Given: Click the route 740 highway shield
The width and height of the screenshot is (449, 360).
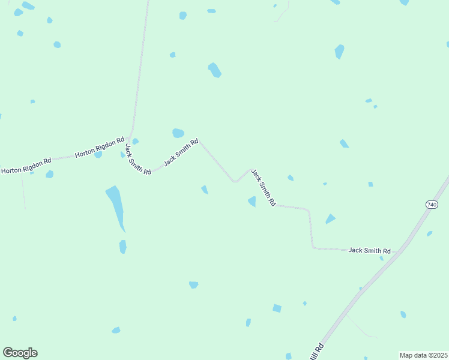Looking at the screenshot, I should (x=432, y=205).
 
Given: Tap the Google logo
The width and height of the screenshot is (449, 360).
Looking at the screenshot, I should (x=20, y=353).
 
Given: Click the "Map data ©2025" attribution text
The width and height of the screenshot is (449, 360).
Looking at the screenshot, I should (x=423, y=355).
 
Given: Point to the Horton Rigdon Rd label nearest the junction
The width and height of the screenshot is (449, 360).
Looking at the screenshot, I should (x=99, y=147).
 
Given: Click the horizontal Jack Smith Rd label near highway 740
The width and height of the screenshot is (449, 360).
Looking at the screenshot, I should (x=369, y=250).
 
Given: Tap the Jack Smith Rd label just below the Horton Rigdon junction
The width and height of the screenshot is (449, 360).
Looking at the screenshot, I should (x=137, y=159).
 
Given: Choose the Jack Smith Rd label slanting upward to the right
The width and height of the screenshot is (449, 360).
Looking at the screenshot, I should (x=181, y=152).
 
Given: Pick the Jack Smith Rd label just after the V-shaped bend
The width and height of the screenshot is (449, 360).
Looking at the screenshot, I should (x=263, y=188).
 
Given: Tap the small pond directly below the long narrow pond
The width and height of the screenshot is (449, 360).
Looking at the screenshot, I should (x=122, y=247).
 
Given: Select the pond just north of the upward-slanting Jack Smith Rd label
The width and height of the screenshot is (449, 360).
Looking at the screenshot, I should (x=178, y=133).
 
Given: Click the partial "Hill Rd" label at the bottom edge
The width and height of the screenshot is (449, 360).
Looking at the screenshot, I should (x=318, y=352).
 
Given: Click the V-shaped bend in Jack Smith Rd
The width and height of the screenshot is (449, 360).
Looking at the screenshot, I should (x=235, y=181).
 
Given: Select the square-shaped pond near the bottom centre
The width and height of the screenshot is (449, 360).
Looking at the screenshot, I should (x=277, y=308).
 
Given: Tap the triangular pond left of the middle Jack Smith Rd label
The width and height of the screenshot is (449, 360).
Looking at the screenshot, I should (x=252, y=202).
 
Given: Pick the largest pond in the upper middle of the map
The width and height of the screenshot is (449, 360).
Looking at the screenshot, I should (x=214, y=70).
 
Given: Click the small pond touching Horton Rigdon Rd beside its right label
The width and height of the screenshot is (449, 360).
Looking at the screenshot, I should (x=98, y=155).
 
